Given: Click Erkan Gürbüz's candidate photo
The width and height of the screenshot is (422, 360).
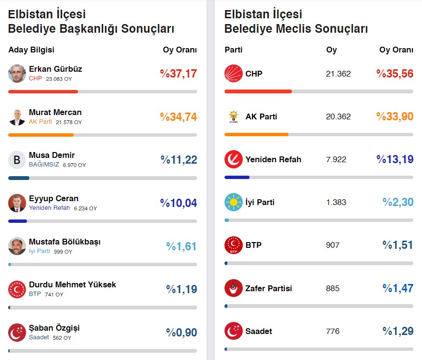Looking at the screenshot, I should [x=17, y=74].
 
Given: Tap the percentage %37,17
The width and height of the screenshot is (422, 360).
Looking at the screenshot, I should [x=178, y=74].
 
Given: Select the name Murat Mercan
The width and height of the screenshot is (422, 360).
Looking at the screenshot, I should [x=55, y=112].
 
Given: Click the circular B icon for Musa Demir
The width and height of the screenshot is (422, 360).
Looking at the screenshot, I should [x=17, y=160].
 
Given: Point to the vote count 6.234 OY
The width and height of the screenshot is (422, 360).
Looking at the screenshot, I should [x=85, y=208].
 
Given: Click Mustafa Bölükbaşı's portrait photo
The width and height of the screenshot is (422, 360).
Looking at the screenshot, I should [x=17, y=246].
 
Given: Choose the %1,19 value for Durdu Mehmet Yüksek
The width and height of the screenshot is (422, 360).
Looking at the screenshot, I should [x=182, y=289].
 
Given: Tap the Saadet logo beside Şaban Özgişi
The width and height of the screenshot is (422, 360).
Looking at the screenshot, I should [x=17, y=332].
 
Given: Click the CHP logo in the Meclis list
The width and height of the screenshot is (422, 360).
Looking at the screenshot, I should [x=233, y=74].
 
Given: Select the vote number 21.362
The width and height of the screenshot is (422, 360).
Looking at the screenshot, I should [x=338, y=74].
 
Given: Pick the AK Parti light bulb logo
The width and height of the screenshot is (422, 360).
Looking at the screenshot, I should [x=233, y=116].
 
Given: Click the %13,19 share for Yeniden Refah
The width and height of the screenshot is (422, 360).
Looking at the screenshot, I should [x=395, y=159].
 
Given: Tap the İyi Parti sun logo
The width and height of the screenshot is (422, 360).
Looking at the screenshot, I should [x=233, y=203].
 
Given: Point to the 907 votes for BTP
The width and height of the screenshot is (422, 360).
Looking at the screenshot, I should [x=333, y=245].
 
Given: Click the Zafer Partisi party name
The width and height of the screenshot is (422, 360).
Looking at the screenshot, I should [x=269, y=288].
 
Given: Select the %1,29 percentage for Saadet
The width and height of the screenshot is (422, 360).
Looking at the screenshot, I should [x=398, y=332].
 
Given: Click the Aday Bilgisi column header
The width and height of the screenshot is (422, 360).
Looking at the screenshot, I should [x=31, y=50].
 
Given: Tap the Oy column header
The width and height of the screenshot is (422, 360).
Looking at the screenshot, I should [x=331, y=50].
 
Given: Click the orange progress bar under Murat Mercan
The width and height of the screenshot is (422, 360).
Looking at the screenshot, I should [x=41, y=135].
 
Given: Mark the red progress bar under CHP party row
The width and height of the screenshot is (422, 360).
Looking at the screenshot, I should [x=258, y=91].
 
